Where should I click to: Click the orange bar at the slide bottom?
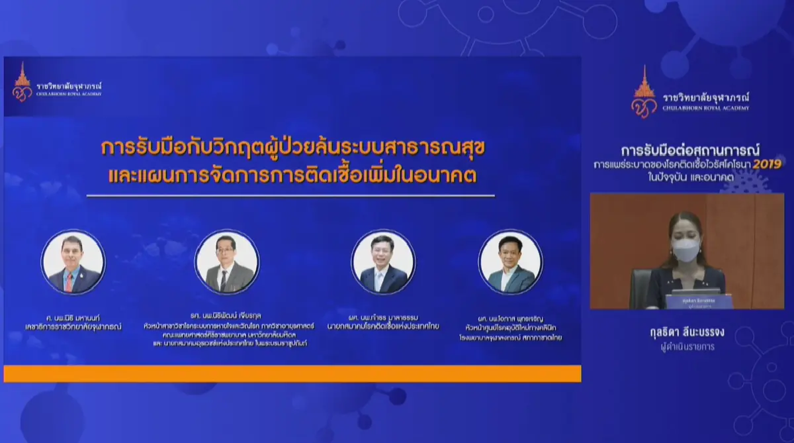pos(292,373)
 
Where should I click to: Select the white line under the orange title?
pos(290,195)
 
